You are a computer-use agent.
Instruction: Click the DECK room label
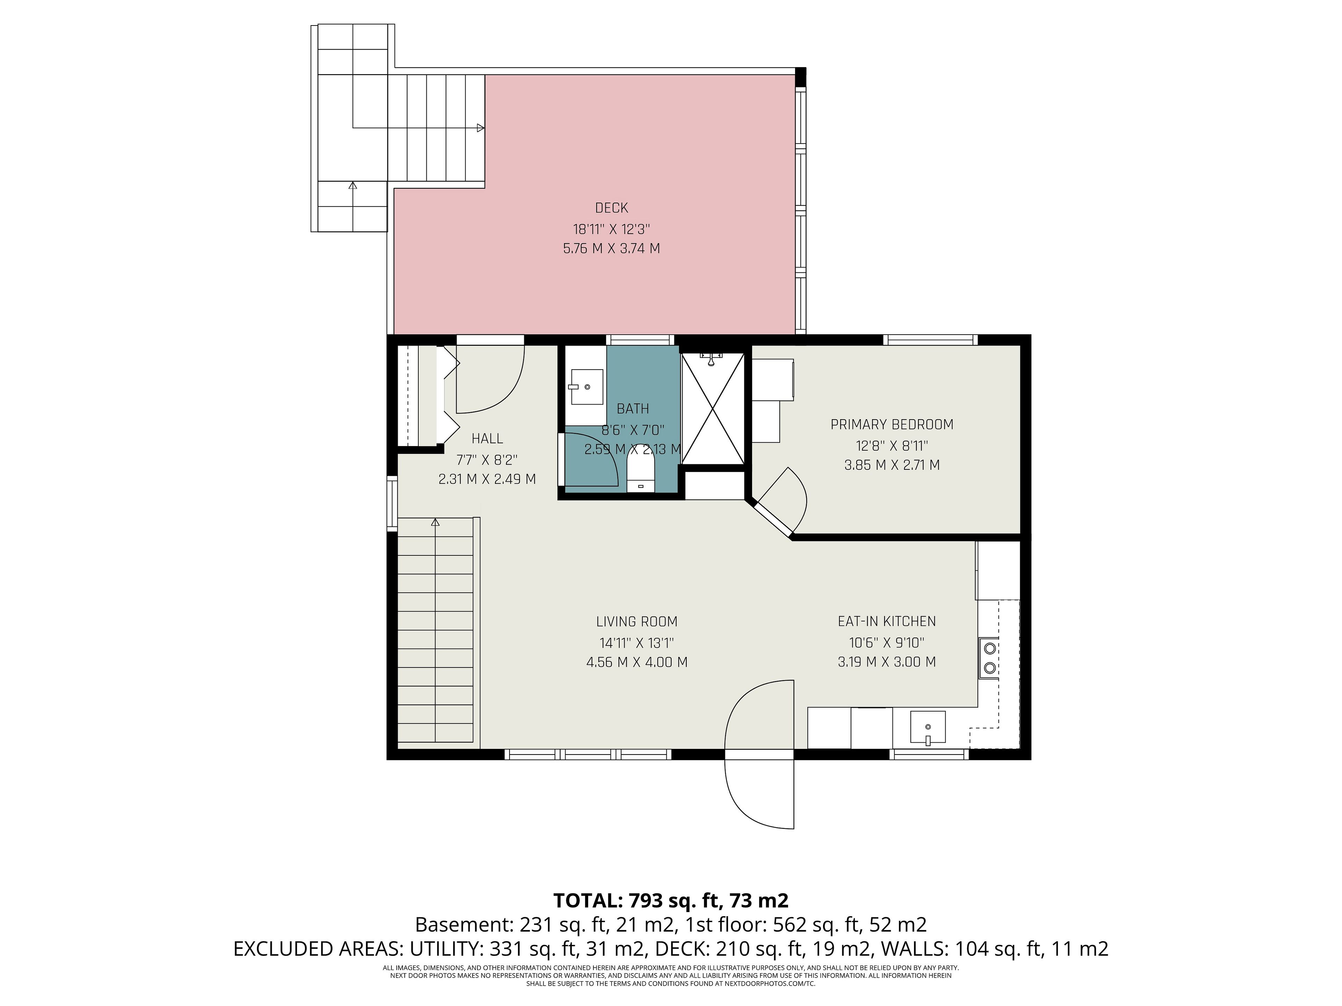[612, 208]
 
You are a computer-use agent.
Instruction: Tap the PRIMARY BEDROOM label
[892, 424]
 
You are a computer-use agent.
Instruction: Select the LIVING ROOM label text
[636, 621]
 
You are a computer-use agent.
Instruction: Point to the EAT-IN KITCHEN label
[886, 621]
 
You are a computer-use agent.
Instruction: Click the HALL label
[487, 438]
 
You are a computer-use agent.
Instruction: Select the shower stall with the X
[713, 409]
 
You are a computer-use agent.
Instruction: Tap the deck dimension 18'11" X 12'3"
[612, 229]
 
